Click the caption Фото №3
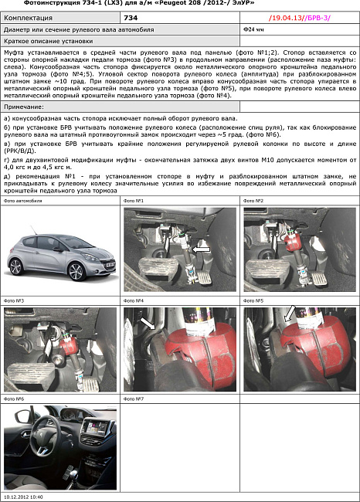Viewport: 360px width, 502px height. (x=14, y=300)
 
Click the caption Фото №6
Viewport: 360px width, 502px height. (x=14, y=399)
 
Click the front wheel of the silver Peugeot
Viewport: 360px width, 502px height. (x=75, y=271)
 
